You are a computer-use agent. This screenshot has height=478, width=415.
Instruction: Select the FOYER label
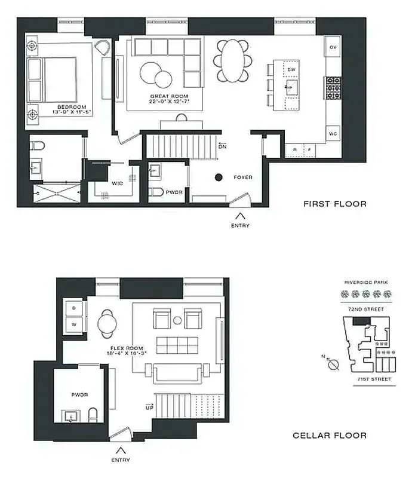[243, 177]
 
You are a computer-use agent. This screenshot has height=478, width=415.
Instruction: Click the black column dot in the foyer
[219, 177]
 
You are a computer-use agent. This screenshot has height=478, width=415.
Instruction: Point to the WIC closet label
[118, 184]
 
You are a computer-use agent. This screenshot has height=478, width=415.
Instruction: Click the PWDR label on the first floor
[174, 192]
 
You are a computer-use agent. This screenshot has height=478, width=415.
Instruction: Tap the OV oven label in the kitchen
[333, 47]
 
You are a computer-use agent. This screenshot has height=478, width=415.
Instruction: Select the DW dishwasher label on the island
[291, 70]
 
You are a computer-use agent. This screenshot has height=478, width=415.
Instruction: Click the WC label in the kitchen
[333, 134]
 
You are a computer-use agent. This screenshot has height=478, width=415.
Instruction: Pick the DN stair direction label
[222, 146]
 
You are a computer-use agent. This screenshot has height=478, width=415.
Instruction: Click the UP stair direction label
[149, 406]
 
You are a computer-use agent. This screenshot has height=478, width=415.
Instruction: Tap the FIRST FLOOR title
[335, 204]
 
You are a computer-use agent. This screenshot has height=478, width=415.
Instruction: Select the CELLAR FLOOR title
[330, 436]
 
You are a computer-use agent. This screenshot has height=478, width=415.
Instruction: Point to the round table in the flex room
[109, 323]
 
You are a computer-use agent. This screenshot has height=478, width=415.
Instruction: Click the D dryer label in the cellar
[75, 307]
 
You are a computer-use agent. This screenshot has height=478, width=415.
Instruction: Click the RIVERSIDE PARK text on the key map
[366, 282]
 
